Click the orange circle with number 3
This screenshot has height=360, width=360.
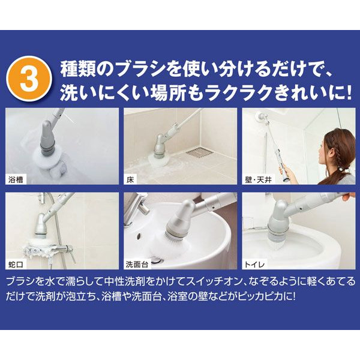(x=29, y=79)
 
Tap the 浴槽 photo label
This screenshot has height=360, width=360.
(x=16, y=179)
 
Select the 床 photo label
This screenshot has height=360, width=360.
(x=130, y=179)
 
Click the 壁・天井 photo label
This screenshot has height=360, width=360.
(x=258, y=179)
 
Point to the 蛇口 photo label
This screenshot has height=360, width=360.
(x=16, y=265)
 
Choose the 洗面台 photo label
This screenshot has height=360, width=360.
(x=137, y=265)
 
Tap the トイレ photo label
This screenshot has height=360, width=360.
(x=254, y=265)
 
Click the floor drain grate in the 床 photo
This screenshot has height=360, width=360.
(x=200, y=152)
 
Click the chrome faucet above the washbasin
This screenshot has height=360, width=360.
(x=138, y=206)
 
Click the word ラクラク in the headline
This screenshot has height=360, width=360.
(x=239, y=92)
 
